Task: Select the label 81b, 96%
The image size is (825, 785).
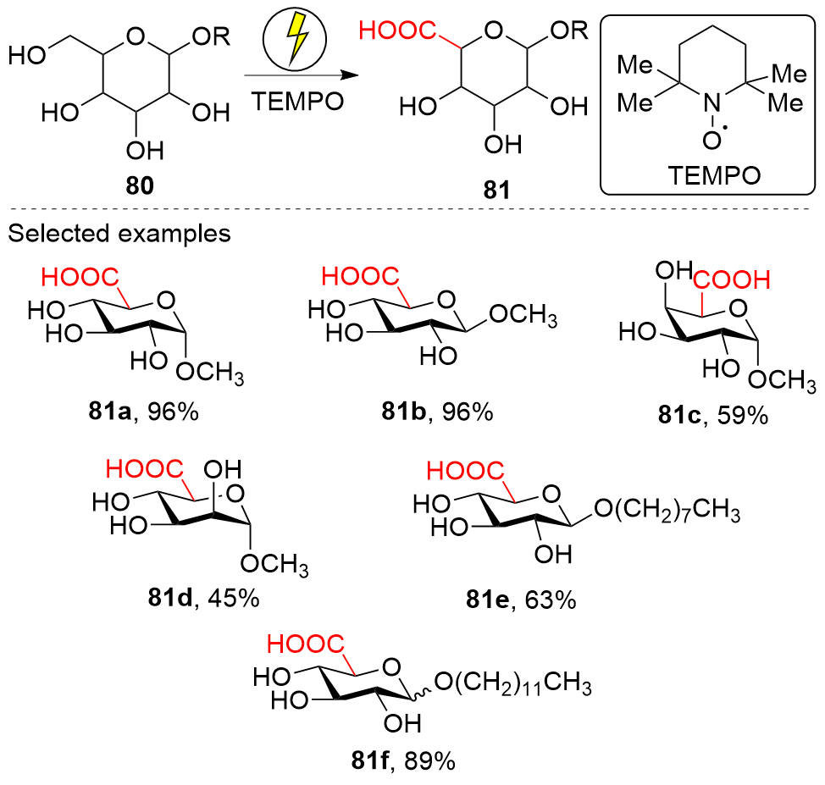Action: pyautogui.click(x=435, y=413)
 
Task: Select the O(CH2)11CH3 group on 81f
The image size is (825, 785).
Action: pyautogui.click(x=512, y=683)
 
